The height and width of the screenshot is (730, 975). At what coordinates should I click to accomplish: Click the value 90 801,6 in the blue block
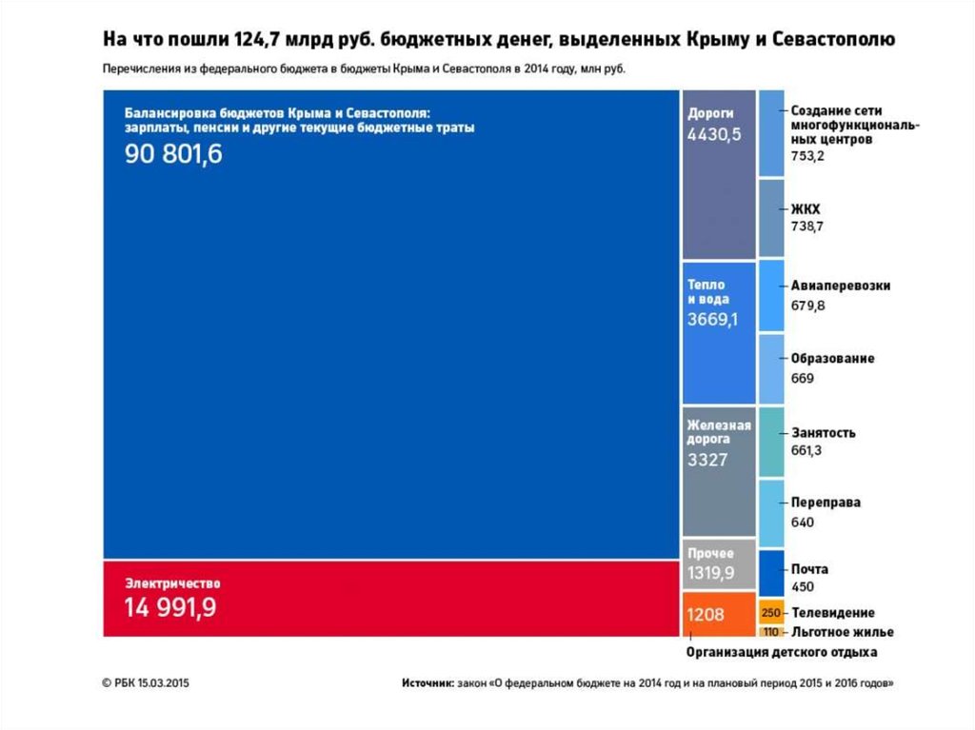[x=173, y=154]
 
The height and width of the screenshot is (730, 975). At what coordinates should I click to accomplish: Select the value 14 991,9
[x=170, y=608]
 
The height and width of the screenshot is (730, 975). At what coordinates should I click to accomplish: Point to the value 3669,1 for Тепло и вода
[x=713, y=320]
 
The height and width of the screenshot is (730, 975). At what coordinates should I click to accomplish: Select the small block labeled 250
[x=771, y=612]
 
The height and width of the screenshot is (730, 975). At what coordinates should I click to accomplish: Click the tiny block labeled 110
[x=771, y=632]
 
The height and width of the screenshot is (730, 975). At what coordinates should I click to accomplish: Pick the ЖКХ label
[x=806, y=208]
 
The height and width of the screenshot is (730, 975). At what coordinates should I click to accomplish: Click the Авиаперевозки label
[x=841, y=285]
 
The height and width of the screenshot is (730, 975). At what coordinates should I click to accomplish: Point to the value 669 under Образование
[x=802, y=378]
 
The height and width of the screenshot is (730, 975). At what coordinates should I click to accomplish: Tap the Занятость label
[x=824, y=432]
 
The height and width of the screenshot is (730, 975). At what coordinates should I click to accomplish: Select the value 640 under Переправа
[x=803, y=522]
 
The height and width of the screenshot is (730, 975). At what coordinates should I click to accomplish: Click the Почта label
[x=809, y=569]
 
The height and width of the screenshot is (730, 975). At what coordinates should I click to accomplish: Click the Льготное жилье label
[x=842, y=632]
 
